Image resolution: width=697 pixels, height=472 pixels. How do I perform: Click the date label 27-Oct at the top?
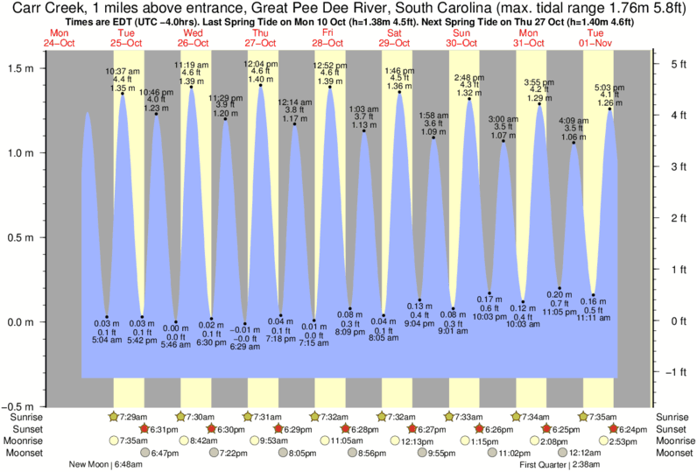[261, 43]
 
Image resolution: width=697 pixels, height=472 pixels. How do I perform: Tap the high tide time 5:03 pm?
[609, 88]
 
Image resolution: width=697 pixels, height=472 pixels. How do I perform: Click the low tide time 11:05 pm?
[560, 312]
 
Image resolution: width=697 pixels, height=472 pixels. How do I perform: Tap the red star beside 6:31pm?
[145, 429]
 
